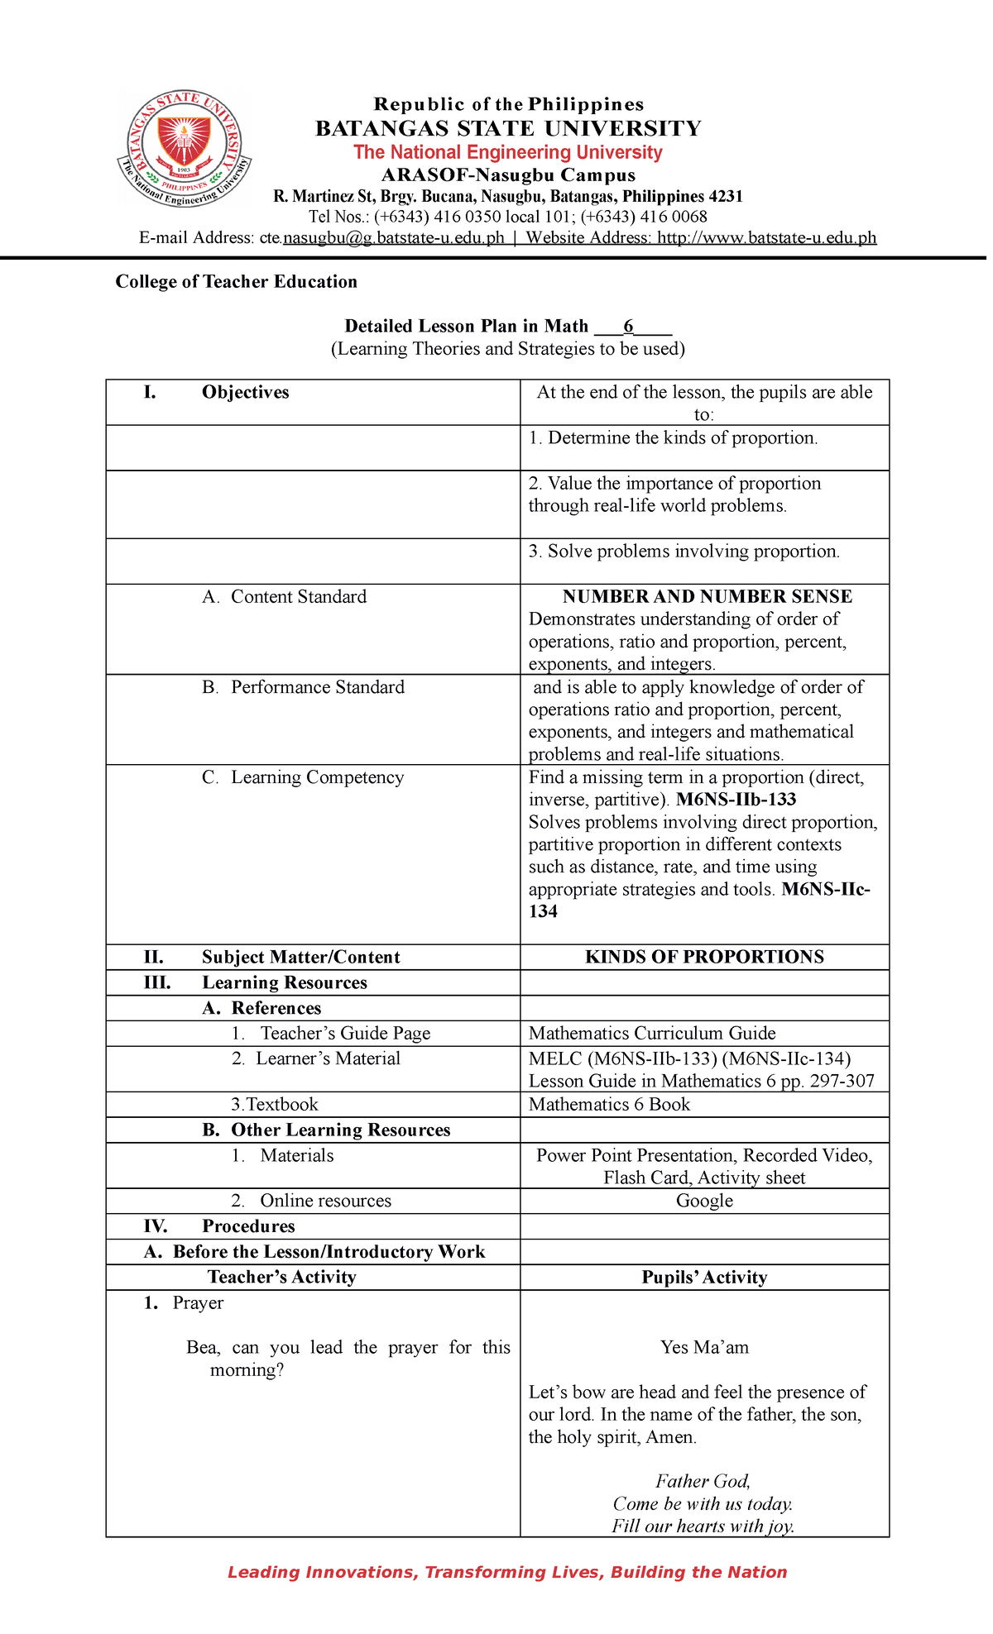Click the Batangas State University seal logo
click(184, 148)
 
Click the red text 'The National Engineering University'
click(507, 152)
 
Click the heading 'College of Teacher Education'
click(236, 282)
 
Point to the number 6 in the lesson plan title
click(628, 326)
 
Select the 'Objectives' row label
click(245, 392)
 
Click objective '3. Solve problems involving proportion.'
click(684, 552)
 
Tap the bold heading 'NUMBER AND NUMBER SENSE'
click(707, 597)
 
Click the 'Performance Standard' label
click(317, 687)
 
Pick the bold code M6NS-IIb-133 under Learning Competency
click(736, 800)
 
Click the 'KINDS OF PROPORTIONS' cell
click(704, 957)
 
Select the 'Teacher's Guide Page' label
click(345, 1034)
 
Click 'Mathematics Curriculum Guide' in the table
click(652, 1034)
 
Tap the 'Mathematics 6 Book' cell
click(609, 1105)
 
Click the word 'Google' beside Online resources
click(704, 1201)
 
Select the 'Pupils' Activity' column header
click(704, 1278)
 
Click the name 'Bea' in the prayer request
click(201, 1348)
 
